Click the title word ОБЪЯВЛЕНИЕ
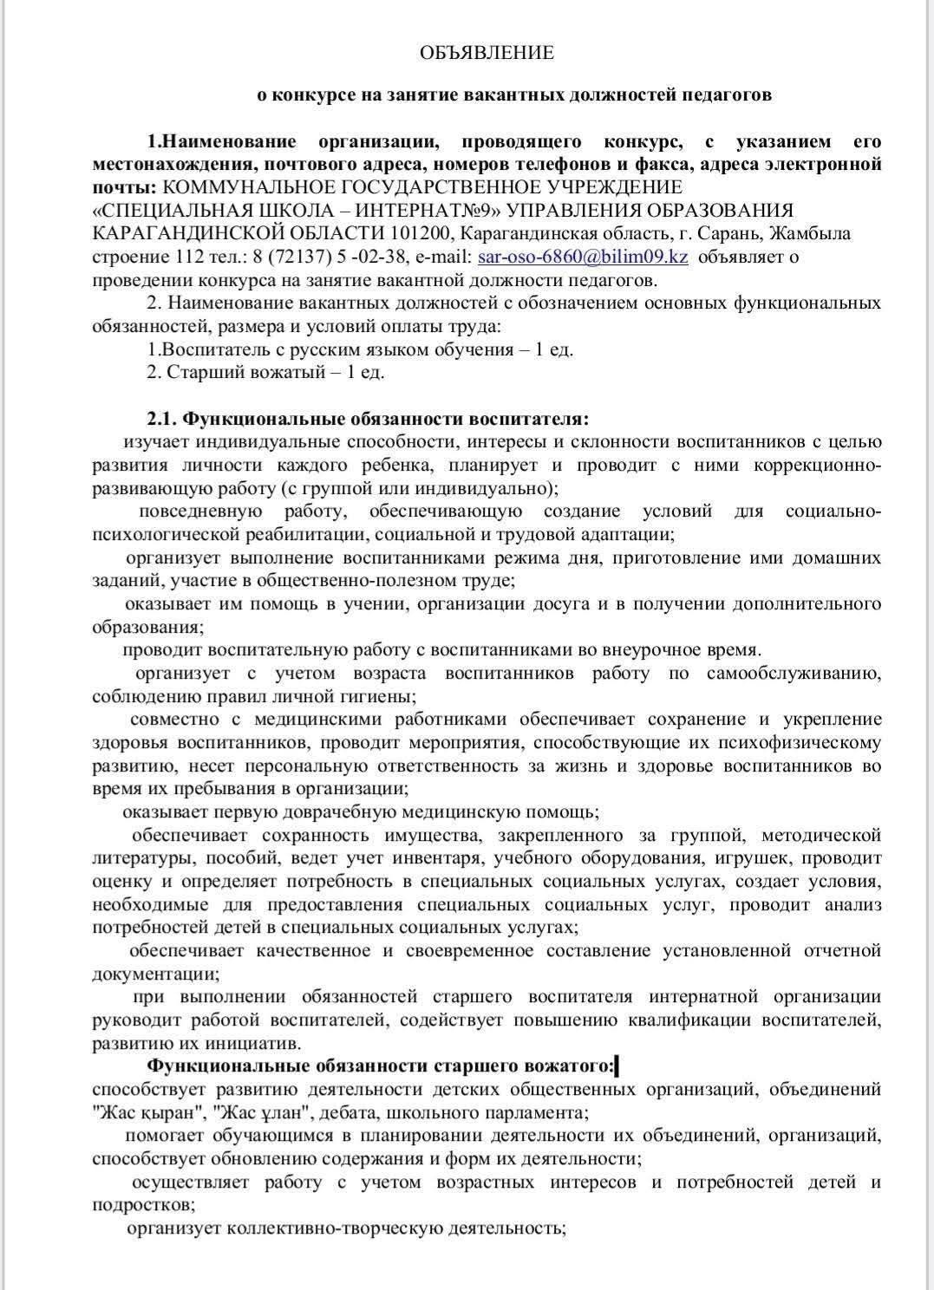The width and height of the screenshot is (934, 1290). pyautogui.click(x=486, y=53)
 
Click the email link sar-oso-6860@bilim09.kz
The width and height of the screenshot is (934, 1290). pyautogui.click(x=583, y=257)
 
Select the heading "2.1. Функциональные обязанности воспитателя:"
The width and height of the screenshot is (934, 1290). pyautogui.click(x=368, y=419)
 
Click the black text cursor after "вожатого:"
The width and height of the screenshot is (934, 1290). pyautogui.click(x=617, y=1065)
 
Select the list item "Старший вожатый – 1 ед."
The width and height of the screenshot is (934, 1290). pyautogui.click(x=273, y=373)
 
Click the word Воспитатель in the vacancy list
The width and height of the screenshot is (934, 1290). pyautogui.click(x=213, y=349)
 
